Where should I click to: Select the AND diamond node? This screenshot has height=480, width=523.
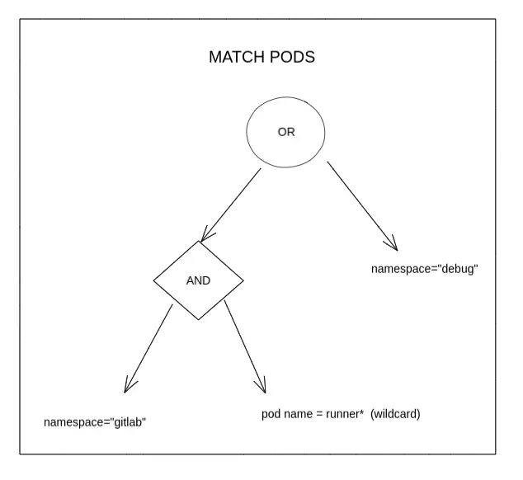[199, 280]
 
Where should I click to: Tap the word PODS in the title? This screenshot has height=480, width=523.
[293, 59]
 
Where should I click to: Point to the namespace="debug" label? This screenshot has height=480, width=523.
[425, 270]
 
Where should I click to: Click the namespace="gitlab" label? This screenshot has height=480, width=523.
[95, 422]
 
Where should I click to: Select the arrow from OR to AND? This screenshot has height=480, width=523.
[231, 205]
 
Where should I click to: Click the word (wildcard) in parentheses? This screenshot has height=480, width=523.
[396, 414]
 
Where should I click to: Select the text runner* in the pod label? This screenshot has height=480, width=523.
[342, 414]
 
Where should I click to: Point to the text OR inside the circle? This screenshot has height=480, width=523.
[285, 132]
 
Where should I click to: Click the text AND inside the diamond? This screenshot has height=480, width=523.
[199, 280]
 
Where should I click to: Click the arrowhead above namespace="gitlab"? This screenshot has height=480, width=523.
[129, 386]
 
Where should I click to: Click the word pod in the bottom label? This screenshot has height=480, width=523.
[271, 415]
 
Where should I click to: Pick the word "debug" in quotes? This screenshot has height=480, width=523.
[459, 270]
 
